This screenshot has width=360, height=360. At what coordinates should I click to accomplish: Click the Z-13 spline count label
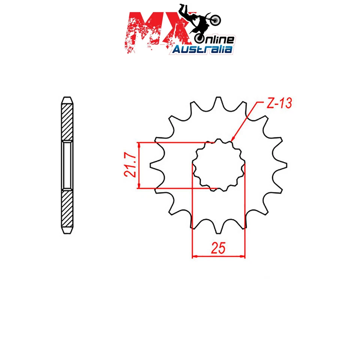[x=279, y=104]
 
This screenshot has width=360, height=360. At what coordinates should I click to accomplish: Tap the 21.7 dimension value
[x=129, y=165]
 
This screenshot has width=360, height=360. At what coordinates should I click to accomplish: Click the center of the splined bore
[x=218, y=165]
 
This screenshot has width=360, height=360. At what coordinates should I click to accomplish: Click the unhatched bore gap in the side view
[x=67, y=165]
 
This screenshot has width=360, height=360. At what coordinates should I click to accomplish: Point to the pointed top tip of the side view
[x=67, y=98]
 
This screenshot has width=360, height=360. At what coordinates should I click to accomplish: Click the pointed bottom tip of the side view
[x=67, y=233]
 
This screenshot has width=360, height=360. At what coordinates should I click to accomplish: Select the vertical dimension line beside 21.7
[x=139, y=165]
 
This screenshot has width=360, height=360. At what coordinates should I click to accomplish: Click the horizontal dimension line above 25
[x=218, y=257]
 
